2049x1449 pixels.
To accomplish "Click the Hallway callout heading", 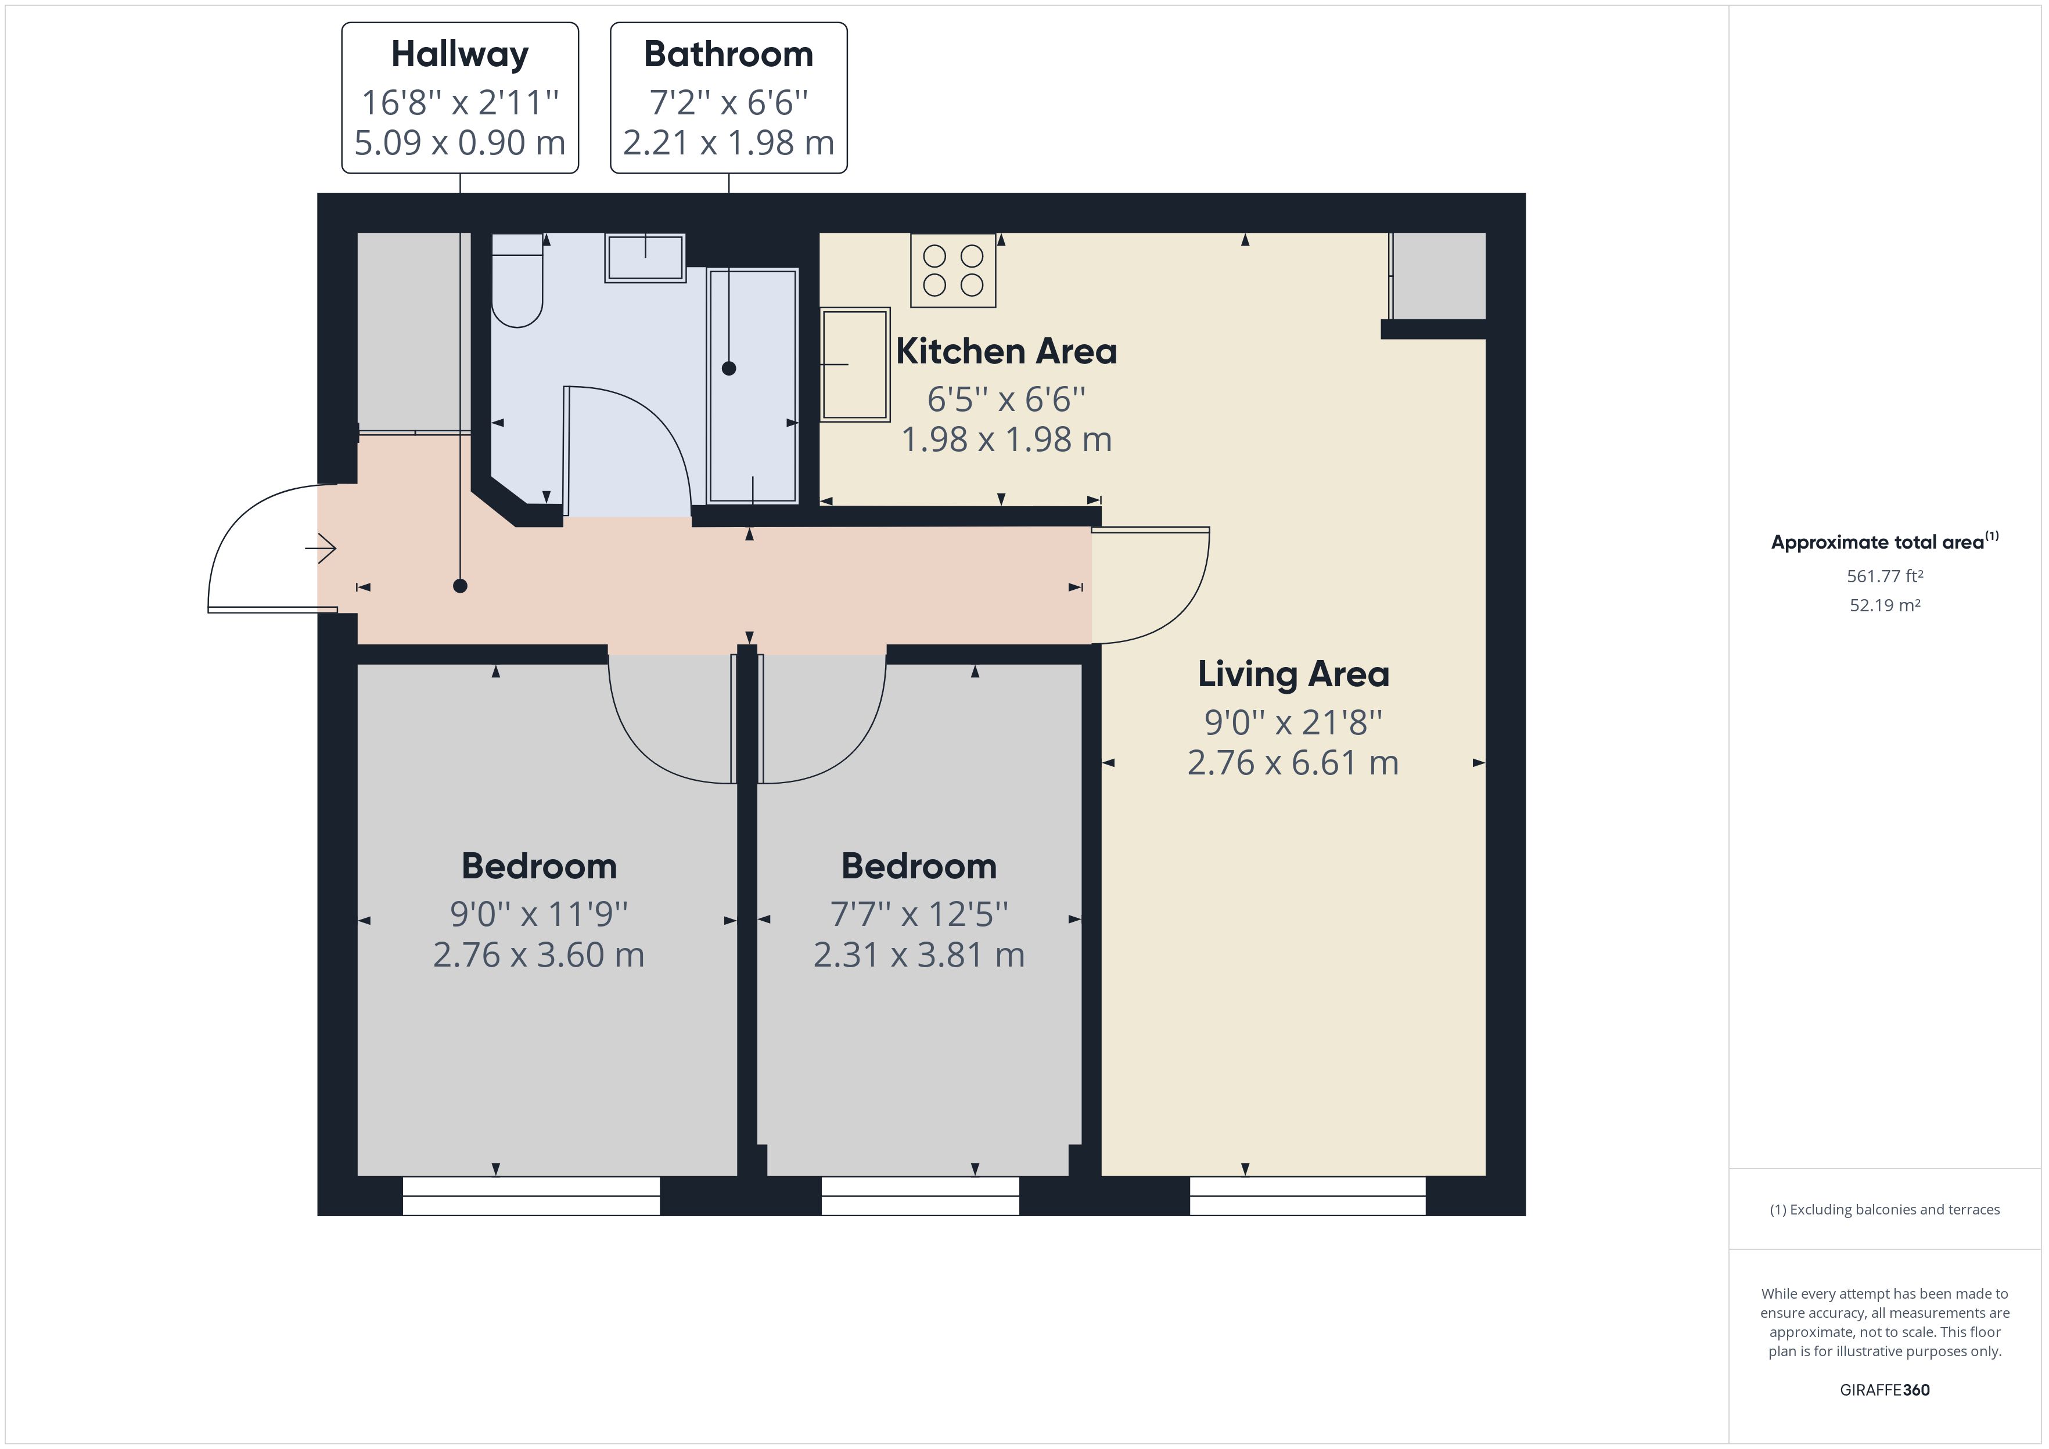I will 459,55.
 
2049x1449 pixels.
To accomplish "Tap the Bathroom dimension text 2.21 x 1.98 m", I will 728,143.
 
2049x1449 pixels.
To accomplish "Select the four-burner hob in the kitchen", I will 952,271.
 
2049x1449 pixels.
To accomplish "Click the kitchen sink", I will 855,364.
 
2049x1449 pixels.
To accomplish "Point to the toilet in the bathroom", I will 517,281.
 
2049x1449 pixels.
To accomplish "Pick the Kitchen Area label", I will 1006,352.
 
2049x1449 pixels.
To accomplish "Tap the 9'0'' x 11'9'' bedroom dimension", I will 538,914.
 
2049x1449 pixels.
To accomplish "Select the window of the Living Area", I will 1307,1196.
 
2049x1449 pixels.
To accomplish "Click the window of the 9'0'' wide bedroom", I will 531,1196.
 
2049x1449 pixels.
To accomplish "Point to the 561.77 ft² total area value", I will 1884,576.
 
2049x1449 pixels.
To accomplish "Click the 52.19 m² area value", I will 1884,605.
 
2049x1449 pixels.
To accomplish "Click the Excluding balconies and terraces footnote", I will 1884,1209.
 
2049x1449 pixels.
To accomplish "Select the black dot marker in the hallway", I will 459,586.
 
